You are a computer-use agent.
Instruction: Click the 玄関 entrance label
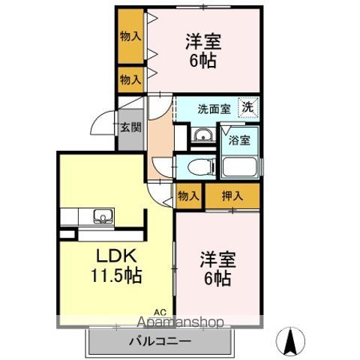pyautogui.click(x=128, y=127)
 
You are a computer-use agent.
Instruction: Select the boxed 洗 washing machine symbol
pyautogui.click(x=247, y=106)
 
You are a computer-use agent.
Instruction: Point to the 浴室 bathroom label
pyautogui.click(x=239, y=140)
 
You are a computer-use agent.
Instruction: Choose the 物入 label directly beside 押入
pyautogui.click(x=188, y=196)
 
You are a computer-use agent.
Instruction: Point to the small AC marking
pyautogui.click(x=160, y=311)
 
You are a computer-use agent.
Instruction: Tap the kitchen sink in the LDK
pyautogui.click(x=101, y=217)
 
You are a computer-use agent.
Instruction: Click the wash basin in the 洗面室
pyautogui.click(x=201, y=135)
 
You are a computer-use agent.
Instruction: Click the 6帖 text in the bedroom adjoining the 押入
pyautogui.click(x=217, y=279)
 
